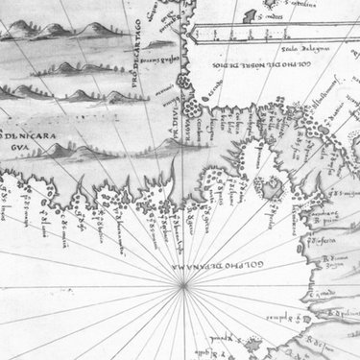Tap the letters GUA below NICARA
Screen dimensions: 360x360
pyautogui.click(x=19, y=150)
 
